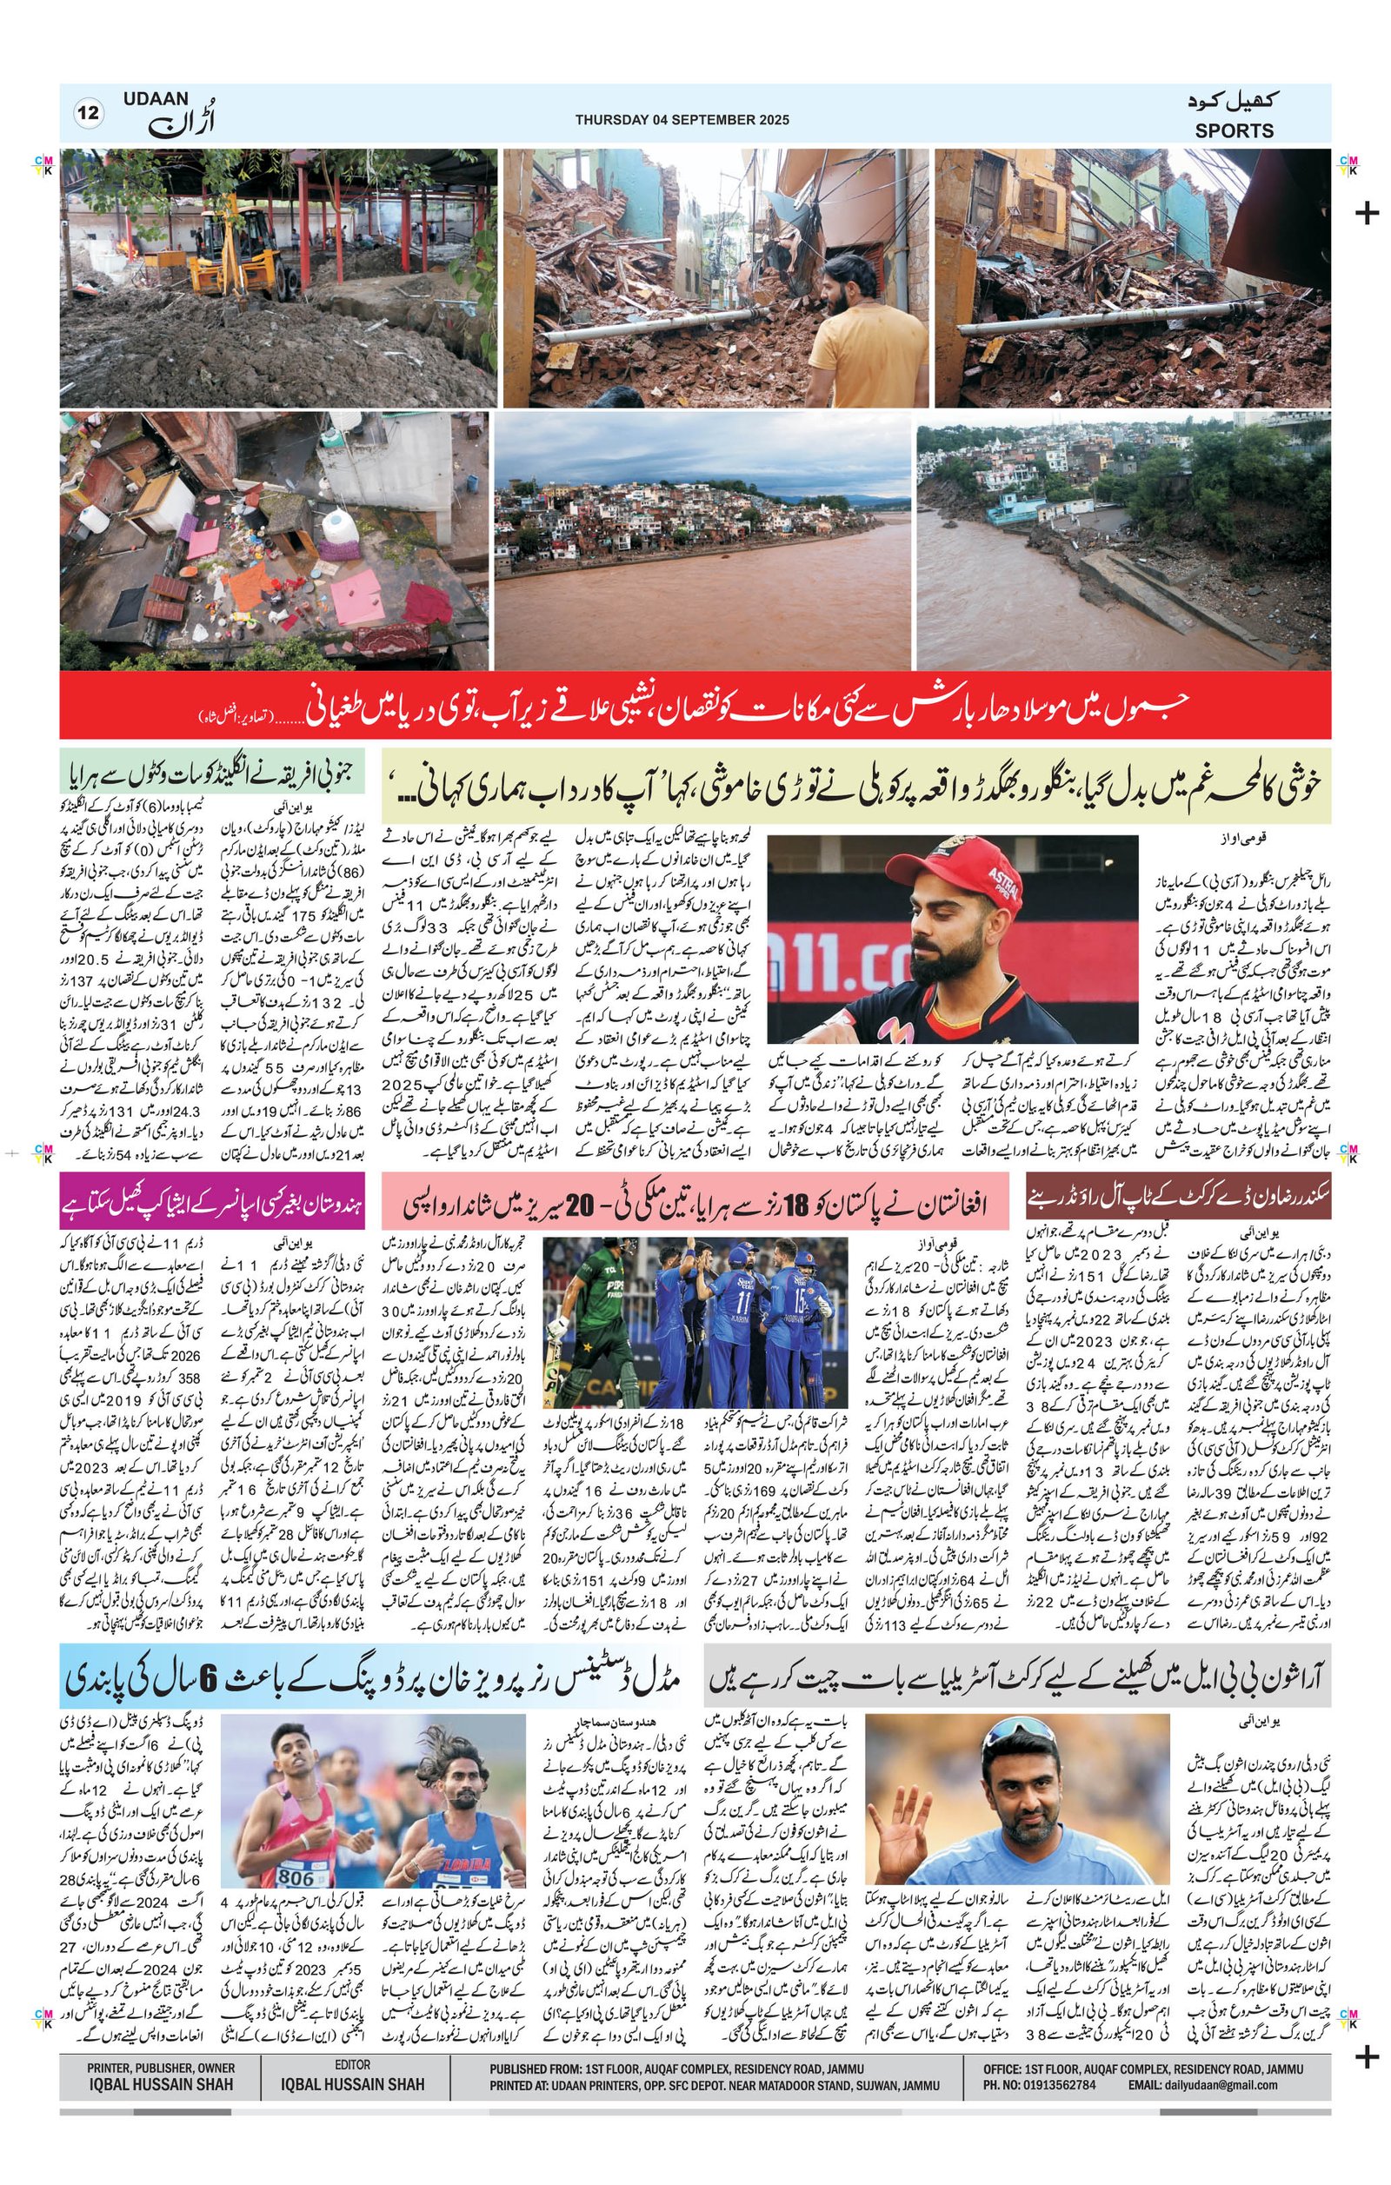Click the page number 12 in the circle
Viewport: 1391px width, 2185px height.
89,114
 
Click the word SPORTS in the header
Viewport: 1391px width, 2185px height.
1233,130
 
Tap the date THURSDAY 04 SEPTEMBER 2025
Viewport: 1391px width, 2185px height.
682,119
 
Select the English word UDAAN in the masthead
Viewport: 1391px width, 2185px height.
155,98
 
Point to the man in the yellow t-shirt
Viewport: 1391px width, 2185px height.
852,335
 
